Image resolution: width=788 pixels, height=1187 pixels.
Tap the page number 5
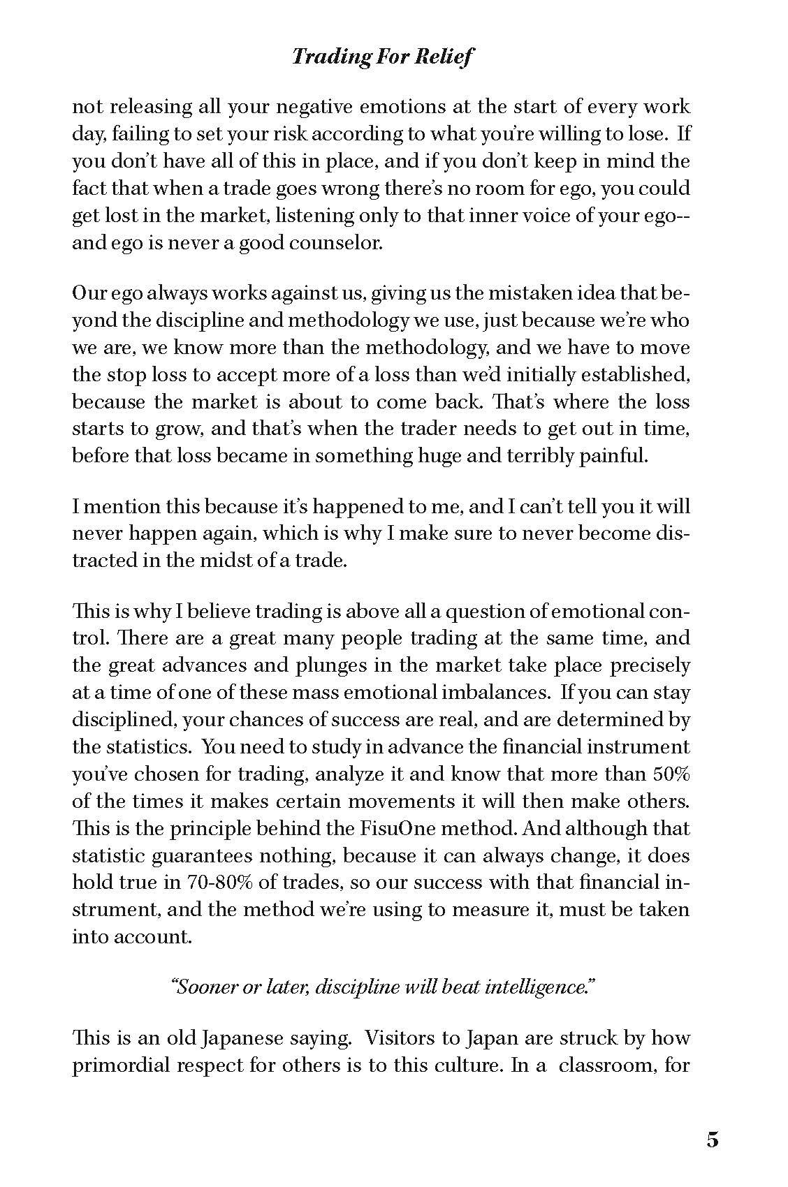pos(712,1140)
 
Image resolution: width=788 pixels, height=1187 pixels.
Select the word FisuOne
pos(363,829)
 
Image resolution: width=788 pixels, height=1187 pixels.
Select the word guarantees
pos(216,856)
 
